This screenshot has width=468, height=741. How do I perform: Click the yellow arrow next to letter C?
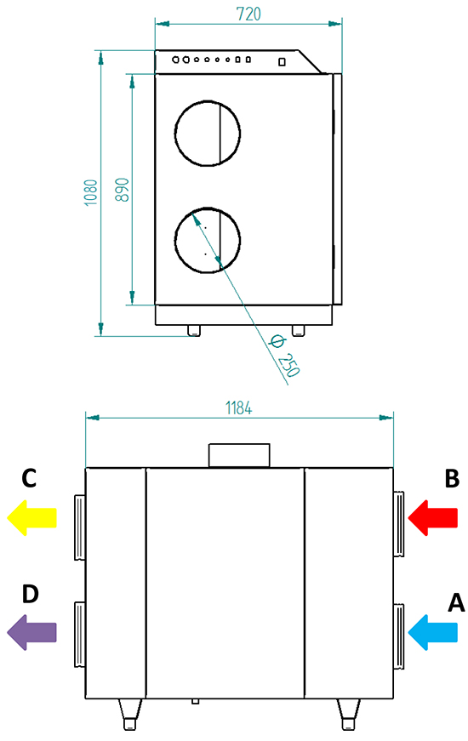tap(31, 517)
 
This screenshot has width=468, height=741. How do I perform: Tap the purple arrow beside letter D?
tap(31, 632)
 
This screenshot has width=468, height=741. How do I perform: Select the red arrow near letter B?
tap(432, 517)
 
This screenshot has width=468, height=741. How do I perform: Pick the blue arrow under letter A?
tap(432, 632)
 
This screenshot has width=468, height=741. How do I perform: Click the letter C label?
tap(29, 478)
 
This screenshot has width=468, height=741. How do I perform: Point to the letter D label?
tap(31, 594)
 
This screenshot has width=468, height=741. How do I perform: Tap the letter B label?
tap(452, 478)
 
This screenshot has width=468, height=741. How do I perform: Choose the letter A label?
tap(456, 602)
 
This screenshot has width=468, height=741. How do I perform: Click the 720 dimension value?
tap(248, 14)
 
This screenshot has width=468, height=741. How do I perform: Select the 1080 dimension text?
tap(90, 192)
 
